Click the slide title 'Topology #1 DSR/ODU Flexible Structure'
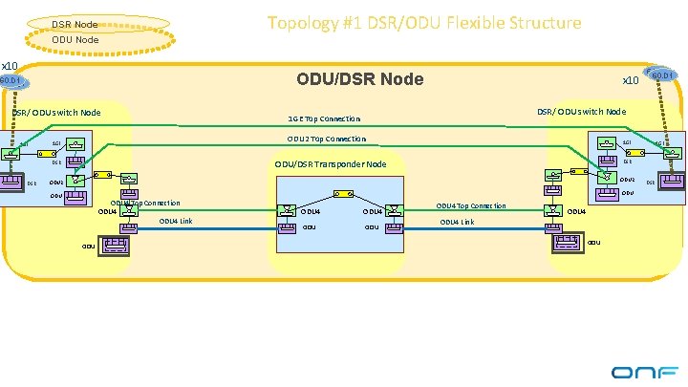click(423, 22)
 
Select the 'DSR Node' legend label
click(74, 23)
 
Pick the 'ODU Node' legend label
click(74, 39)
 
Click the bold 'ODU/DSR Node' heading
click(359, 78)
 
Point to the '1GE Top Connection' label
click(324, 119)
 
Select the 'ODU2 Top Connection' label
click(326, 139)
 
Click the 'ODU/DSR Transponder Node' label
click(330, 164)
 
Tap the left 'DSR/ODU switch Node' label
click(55, 113)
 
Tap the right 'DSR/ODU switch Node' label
click(581, 112)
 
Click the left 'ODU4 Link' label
click(176, 221)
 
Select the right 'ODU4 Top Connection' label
click(471, 205)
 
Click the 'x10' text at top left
click(10, 65)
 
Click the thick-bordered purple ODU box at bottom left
click(115, 246)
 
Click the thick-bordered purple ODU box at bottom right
click(568, 241)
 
